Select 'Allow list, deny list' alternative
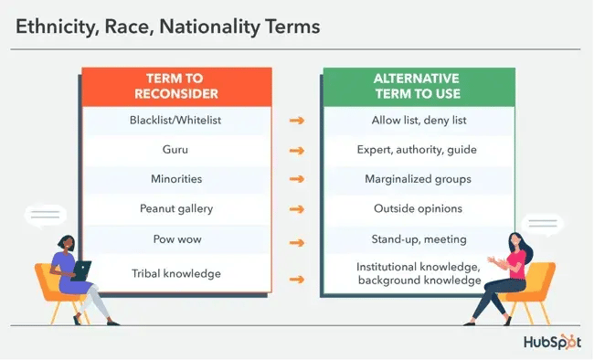(419, 120)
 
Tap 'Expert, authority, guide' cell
(419, 149)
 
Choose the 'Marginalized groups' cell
(419, 178)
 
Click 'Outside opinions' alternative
(419, 208)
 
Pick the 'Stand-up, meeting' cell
(419, 238)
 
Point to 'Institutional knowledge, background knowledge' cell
(419, 273)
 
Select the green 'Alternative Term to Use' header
(419, 86)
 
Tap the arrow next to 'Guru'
(296, 149)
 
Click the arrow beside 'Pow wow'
(296, 243)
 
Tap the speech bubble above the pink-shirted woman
(541, 225)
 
